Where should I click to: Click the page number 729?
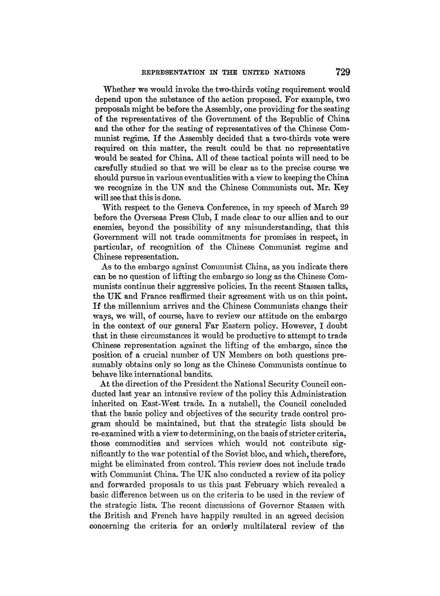[339, 71]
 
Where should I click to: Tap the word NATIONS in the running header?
[288, 72]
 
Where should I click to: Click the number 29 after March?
[344, 207]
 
